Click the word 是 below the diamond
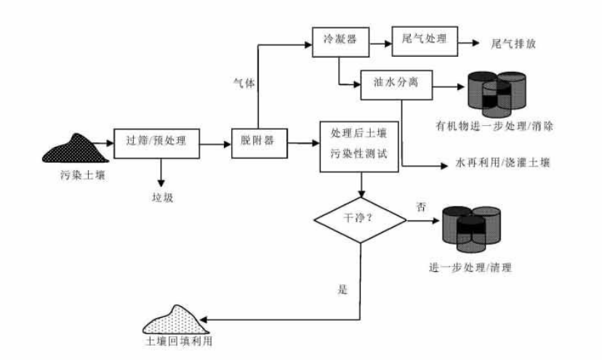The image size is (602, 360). pos(342,289)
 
